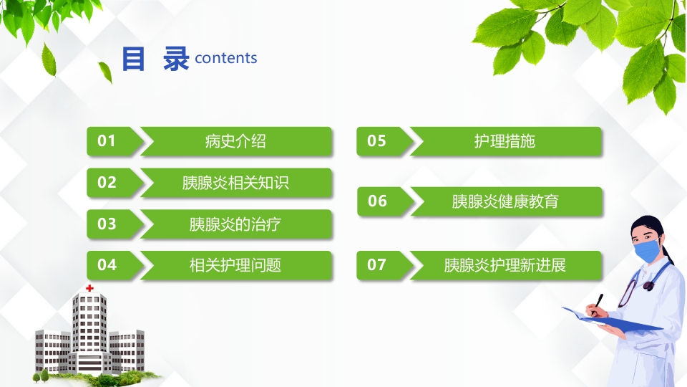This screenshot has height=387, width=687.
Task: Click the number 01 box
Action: (107, 141)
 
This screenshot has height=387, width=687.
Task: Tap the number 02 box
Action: (107, 183)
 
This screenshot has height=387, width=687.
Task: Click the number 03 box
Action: (107, 224)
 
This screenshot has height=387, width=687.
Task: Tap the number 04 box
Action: (107, 265)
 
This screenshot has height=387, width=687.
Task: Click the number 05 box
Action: (376, 141)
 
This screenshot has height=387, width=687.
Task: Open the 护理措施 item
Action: (505, 141)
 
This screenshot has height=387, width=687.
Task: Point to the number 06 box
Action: (377, 201)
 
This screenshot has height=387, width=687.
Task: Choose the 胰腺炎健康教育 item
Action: (505, 201)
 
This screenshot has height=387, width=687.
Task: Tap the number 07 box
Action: (376, 265)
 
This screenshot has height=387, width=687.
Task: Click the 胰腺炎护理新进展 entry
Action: (505, 265)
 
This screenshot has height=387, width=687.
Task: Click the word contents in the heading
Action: (225, 59)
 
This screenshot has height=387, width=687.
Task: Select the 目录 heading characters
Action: (155, 59)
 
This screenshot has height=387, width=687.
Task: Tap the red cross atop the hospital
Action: (89, 288)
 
